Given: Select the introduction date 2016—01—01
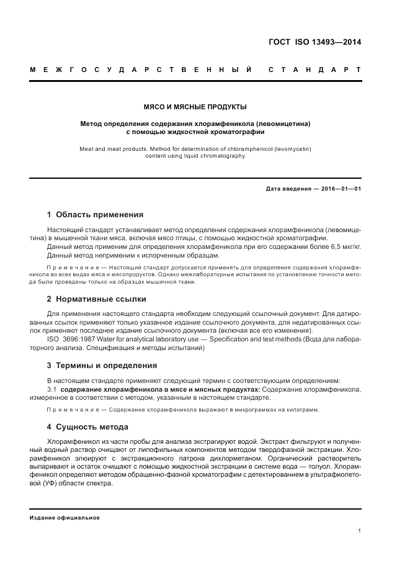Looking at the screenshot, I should click(x=339, y=189).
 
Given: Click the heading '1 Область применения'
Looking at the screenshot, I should click(x=95, y=215).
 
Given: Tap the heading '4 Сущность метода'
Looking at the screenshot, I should click(x=87, y=427).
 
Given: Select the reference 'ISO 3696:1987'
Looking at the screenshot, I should click(x=70, y=340).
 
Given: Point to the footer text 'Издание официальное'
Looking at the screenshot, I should click(x=65, y=517).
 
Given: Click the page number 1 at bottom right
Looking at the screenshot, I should click(x=359, y=531).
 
